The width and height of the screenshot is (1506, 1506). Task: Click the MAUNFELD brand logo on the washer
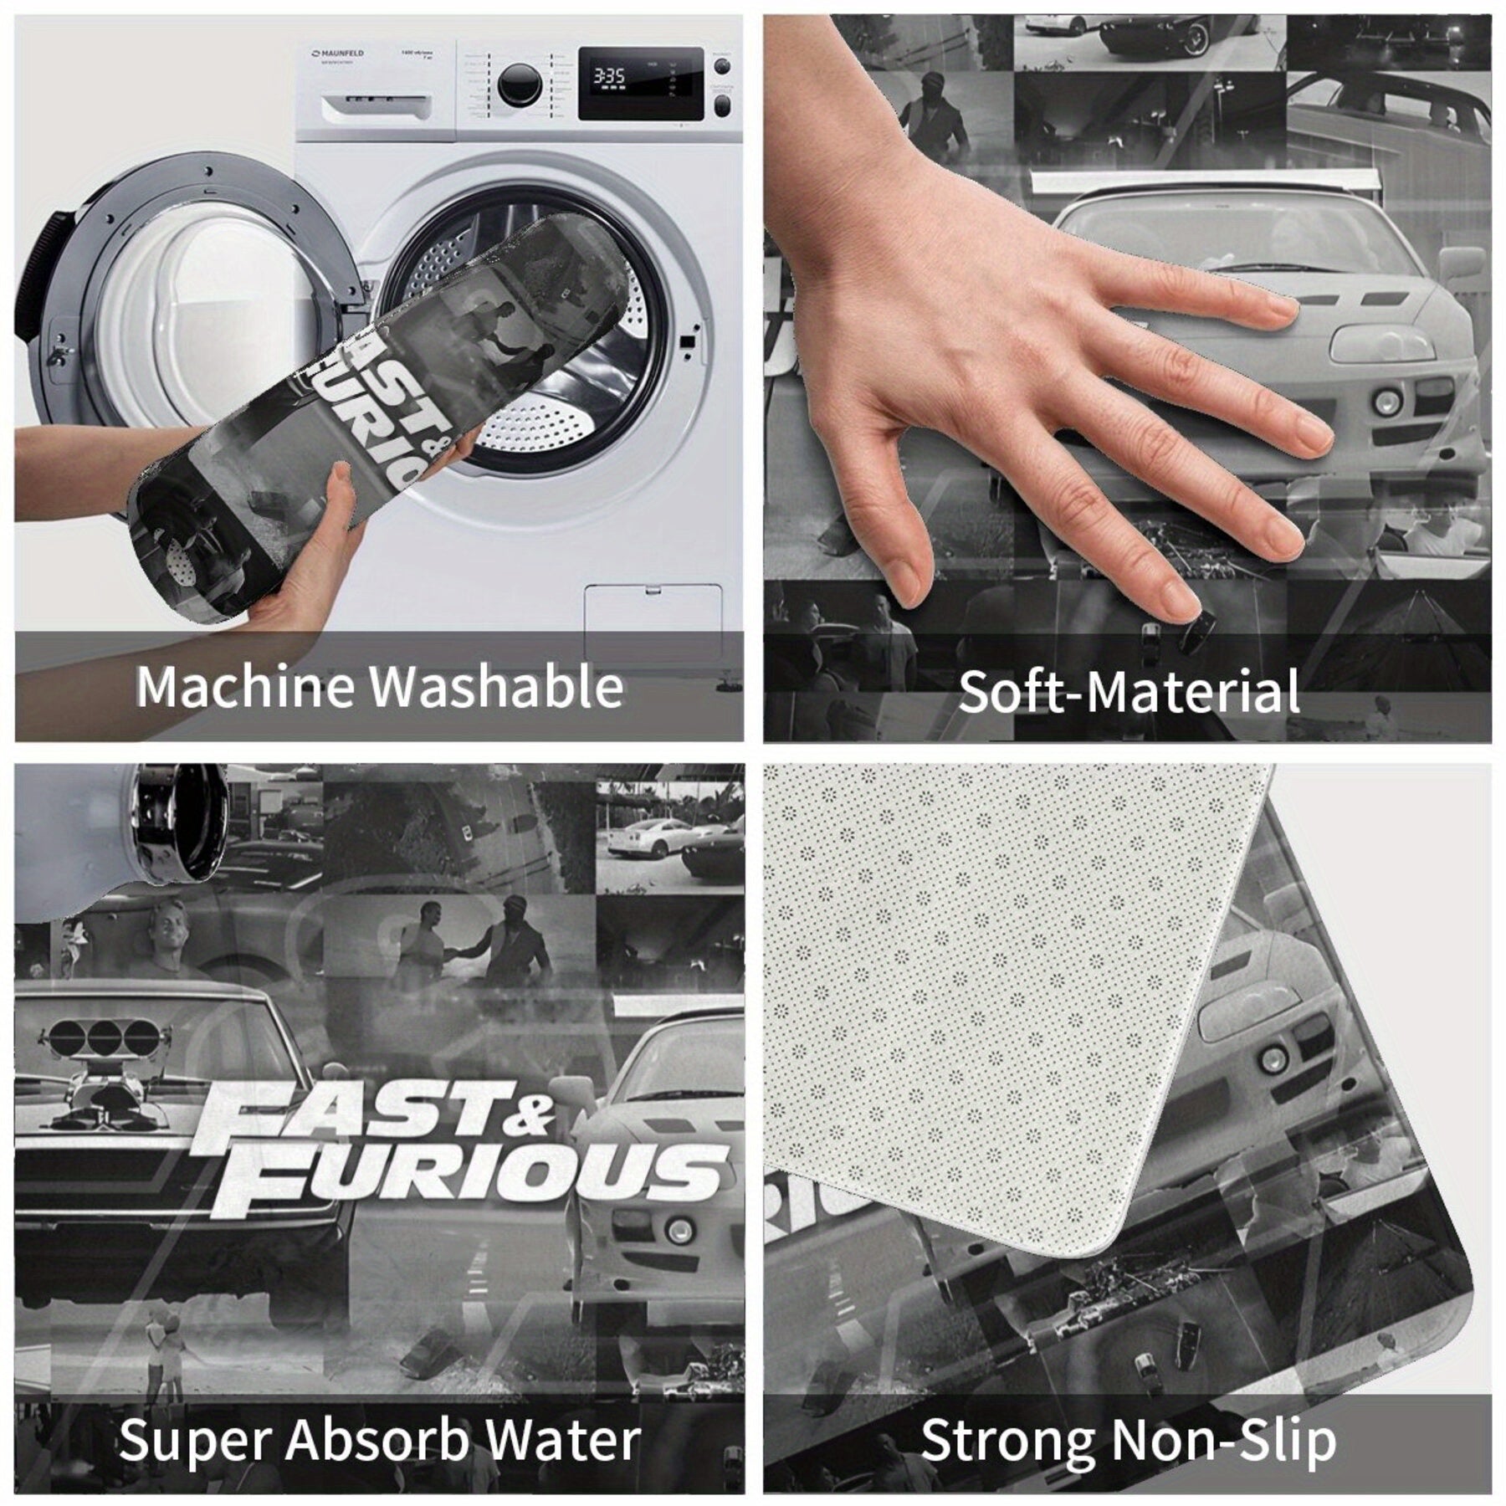pyautogui.click(x=338, y=54)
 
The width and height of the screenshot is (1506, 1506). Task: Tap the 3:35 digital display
pyautogui.click(x=608, y=77)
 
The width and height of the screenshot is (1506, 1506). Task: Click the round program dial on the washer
pyautogui.click(x=519, y=84)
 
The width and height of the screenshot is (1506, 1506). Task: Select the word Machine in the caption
pyautogui.click(x=245, y=687)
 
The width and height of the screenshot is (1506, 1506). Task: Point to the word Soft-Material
pyautogui.click(x=1128, y=692)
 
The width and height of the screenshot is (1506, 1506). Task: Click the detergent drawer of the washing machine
pyautogui.click(x=376, y=106)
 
